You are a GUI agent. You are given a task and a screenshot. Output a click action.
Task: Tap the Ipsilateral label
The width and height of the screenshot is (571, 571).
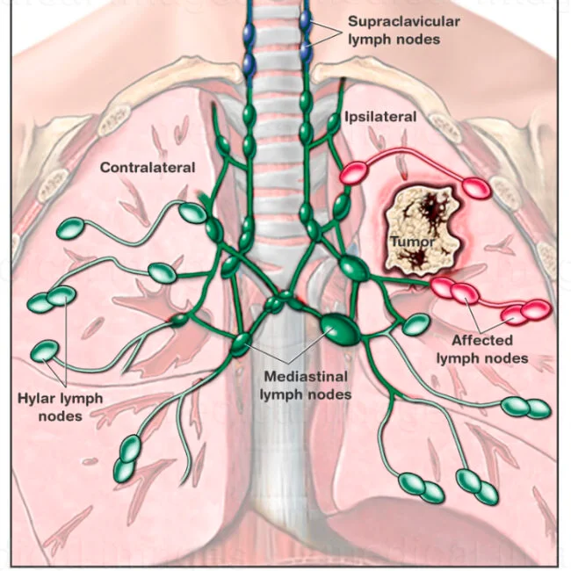[379, 116]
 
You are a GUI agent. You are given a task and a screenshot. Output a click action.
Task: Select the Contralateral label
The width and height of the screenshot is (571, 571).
[147, 167]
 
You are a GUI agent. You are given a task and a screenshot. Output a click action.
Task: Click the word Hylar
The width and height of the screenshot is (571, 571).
[37, 398]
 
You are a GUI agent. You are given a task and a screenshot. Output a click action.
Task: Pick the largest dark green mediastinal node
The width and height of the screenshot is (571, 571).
[339, 329]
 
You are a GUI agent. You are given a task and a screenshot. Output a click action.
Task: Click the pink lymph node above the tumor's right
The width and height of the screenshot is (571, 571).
[479, 187]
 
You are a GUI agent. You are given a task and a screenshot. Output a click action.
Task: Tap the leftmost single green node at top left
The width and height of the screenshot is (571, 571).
[69, 230]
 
